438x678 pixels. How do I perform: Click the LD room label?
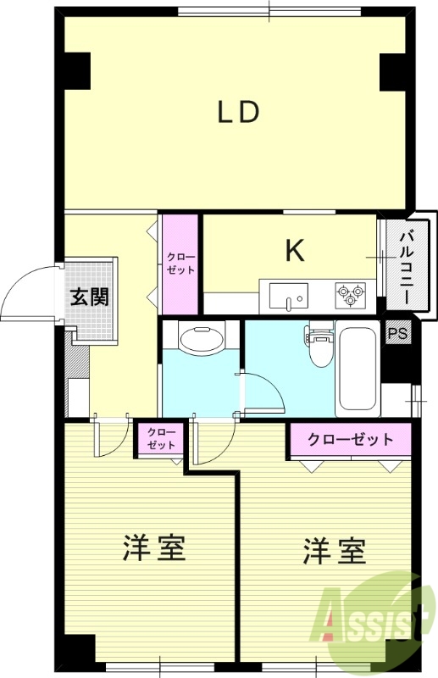(x=237, y=113)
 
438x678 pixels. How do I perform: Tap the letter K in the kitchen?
(x=294, y=250)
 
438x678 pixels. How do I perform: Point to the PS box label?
(x=396, y=333)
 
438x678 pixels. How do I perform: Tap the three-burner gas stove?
(x=350, y=295)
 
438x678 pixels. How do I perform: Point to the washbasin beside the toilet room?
(x=202, y=338)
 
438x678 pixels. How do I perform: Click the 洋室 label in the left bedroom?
(x=154, y=549)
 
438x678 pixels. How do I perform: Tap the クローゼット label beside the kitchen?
(x=180, y=263)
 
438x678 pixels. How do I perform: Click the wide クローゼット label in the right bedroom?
(x=350, y=440)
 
